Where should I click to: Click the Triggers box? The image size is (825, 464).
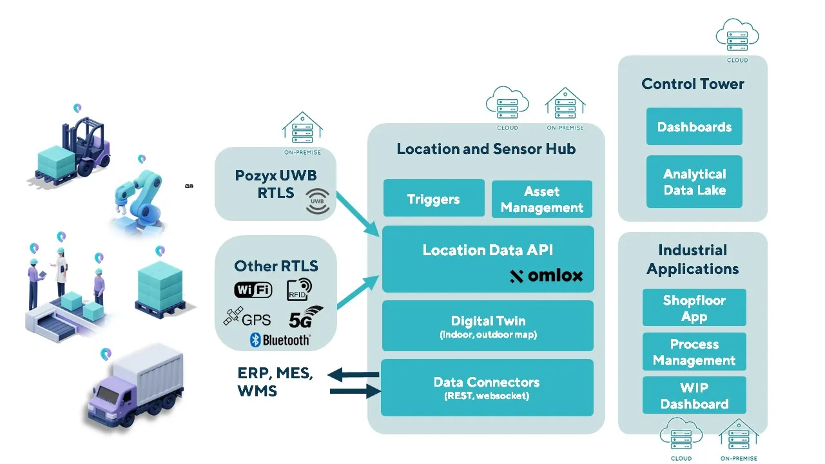click(x=433, y=198)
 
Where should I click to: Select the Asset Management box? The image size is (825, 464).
click(x=541, y=199)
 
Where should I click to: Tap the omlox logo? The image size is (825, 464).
click(x=546, y=276)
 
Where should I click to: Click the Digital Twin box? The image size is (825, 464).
click(x=487, y=325)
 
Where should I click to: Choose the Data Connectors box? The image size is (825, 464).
click(x=487, y=387)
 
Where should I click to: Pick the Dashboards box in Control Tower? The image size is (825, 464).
click(x=694, y=126)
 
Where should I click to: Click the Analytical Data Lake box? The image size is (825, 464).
click(x=694, y=182)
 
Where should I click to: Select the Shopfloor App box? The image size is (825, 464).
click(x=694, y=307)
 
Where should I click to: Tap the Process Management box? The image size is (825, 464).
click(x=694, y=351)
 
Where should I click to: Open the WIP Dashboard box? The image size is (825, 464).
click(x=694, y=395)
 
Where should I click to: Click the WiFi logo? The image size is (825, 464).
click(x=253, y=290)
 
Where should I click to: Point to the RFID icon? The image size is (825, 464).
click(x=299, y=289)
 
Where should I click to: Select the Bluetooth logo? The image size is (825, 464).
click(x=280, y=340)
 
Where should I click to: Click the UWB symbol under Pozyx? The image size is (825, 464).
click(x=317, y=201)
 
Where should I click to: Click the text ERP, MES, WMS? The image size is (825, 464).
click(x=275, y=382)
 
